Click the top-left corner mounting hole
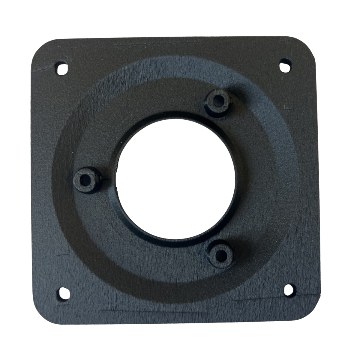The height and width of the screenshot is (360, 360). [x=62, y=69]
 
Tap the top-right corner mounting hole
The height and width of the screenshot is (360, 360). [x=285, y=65]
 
